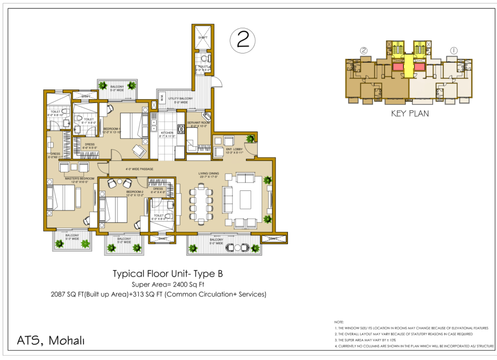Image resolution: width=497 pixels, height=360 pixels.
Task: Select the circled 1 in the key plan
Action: [454, 50]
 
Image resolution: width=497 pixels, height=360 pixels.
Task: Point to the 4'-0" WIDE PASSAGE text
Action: [139, 170]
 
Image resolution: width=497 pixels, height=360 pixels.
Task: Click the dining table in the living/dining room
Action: [202, 203]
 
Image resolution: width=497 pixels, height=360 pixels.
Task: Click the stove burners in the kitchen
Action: [181, 129]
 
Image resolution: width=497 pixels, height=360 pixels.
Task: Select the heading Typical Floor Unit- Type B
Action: [167, 274]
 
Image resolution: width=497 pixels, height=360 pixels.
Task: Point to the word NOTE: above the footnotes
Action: [339, 322]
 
